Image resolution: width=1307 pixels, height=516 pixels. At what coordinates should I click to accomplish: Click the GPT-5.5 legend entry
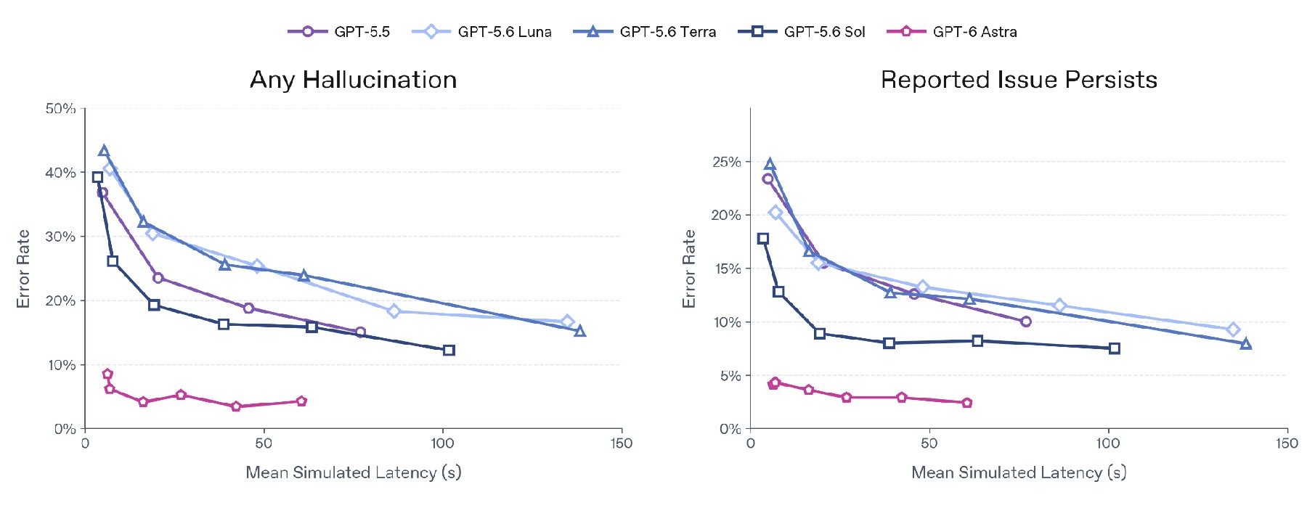(339, 32)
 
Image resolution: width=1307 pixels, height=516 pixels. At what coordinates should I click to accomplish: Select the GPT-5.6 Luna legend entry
(481, 32)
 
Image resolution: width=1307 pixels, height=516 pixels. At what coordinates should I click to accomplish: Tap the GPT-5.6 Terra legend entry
(645, 32)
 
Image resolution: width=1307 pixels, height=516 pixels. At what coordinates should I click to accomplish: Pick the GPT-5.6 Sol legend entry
(802, 32)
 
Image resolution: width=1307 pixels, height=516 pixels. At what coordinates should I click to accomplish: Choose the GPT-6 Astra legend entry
(952, 32)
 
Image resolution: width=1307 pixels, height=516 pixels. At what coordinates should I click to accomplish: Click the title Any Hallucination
(354, 79)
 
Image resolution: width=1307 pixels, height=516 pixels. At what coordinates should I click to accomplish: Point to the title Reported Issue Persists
(1019, 79)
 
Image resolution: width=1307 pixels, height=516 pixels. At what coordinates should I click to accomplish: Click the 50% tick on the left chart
(60, 109)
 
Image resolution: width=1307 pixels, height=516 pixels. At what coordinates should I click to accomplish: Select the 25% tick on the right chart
(726, 162)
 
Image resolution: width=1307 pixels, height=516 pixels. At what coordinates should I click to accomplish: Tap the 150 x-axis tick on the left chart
(622, 443)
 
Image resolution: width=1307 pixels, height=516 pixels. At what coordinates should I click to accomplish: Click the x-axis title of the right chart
(1019, 472)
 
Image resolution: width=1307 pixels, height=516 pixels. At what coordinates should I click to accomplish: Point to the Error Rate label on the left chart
(23, 269)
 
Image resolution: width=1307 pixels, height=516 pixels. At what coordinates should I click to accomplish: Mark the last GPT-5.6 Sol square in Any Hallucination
(449, 351)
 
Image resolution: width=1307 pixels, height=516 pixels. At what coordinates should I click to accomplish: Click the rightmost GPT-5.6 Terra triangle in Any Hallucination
(579, 331)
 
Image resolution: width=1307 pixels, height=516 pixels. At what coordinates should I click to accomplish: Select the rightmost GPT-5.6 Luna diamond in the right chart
(1232, 330)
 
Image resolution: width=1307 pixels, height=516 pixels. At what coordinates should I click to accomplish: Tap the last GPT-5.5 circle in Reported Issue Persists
(1025, 322)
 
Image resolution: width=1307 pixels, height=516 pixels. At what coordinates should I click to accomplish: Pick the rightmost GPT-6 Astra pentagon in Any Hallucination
(301, 401)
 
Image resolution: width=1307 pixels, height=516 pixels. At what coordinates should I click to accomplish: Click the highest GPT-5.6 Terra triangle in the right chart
(770, 164)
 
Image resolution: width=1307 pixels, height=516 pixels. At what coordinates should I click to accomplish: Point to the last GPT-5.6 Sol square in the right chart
(1115, 348)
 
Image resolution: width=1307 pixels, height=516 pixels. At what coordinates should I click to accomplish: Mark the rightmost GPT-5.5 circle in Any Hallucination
(360, 332)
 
